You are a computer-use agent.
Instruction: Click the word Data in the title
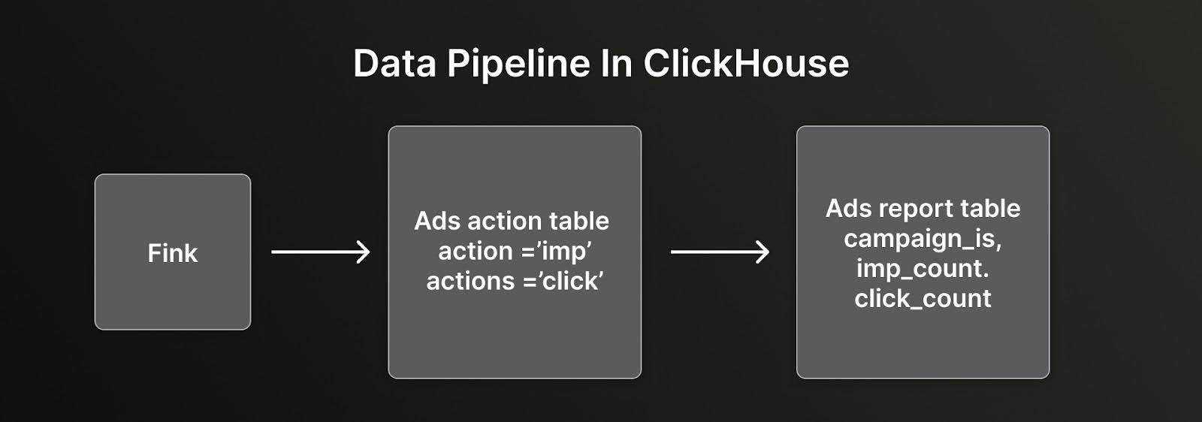pyautogui.click(x=394, y=64)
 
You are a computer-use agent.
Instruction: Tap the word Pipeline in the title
pyautogui.click(x=518, y=65)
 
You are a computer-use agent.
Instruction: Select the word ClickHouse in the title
pyautogui.click(x=746, y=64)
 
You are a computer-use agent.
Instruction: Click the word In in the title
pyautogui.click(x=616, y=64)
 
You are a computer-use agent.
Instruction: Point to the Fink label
pyautogui.click(x=173, y=253)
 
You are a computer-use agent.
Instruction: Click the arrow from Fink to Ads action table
pyautogui.click(x=320, y=252)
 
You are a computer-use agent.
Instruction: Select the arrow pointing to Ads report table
pyautogui.click(x=720, y=252)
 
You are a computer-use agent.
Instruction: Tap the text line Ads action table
pyautogui.click(x=512, y=221)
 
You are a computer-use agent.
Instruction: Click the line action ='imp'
pyautogui.click(x=515, y=251)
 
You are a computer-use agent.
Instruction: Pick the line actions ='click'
pyautogui.click(x=515, y=281)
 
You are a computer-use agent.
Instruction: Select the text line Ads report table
pyautogui.click(x=923, y=208)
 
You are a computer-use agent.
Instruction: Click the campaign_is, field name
pyautogui.click(x=923, y=239)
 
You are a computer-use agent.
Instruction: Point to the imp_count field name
pyautogui.click(x=923, y=268)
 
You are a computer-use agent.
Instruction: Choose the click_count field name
pyautogui.click(x=923, y=298)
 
